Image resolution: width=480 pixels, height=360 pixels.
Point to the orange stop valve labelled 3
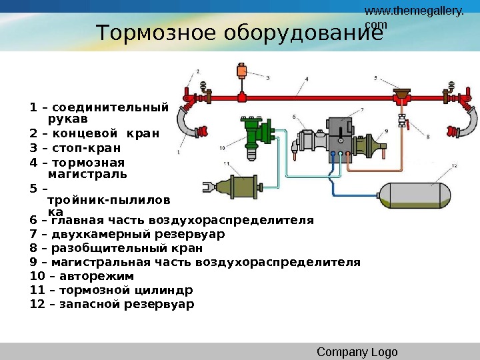241,71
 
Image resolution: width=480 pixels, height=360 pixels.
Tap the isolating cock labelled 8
402,122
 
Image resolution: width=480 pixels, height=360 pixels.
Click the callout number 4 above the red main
307,79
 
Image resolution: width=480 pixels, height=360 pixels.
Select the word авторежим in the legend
96,276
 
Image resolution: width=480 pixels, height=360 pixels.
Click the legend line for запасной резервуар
112,304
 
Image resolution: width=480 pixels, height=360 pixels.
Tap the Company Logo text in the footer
357,352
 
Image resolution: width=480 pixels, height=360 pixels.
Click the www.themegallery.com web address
414,17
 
